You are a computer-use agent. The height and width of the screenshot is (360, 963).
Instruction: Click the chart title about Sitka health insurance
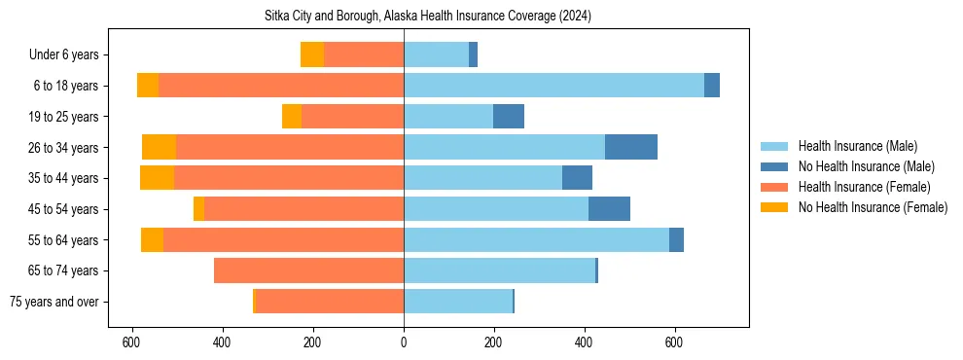(428, 17)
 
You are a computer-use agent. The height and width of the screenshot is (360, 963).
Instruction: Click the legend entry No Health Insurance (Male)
(866, 166)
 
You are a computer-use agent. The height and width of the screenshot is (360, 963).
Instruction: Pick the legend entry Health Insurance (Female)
(864, 187)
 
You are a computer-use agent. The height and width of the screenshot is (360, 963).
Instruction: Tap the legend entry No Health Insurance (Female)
(873, 207)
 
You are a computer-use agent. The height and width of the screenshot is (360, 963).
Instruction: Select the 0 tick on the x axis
(404, 342)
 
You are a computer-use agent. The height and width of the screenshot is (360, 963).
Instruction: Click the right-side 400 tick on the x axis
(584, 342)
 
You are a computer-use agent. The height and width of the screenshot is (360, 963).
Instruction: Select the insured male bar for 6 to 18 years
(553, 86)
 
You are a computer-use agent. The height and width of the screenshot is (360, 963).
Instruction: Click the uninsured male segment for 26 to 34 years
(631, 147)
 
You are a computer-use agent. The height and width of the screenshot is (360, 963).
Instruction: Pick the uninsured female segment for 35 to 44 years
(157, 178)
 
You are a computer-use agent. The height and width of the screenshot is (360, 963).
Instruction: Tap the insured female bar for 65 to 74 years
(308, 270)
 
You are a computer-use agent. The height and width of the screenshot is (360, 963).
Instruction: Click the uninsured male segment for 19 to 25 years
(509, 117)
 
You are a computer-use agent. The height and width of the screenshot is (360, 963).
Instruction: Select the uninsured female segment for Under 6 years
(312, 54)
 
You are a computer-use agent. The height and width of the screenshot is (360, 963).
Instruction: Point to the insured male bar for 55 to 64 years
(536, 239)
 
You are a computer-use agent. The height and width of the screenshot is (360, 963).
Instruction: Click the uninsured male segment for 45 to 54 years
(609, 209)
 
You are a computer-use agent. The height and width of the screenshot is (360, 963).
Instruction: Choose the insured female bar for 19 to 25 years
(352, 117)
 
